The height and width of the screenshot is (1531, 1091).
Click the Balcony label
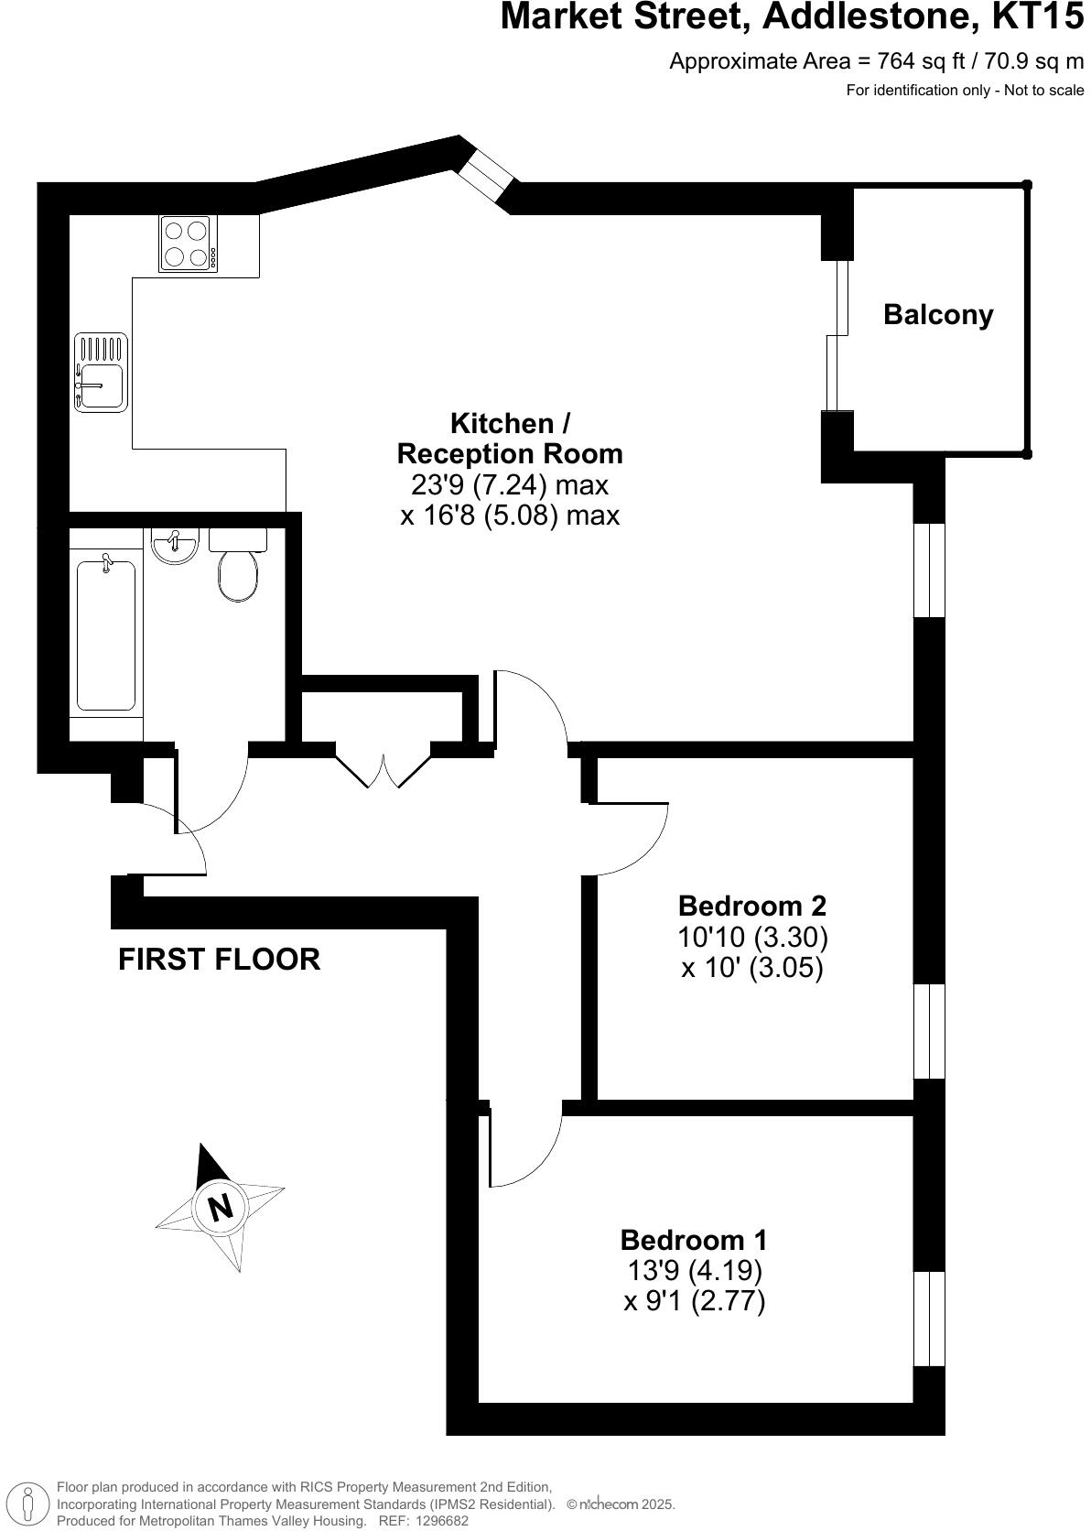937,315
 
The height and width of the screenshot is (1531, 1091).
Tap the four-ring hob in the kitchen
189,244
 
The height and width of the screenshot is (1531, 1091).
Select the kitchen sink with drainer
101,373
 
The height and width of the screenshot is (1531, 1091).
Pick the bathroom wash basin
174,546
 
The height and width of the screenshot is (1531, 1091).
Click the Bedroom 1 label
694,1240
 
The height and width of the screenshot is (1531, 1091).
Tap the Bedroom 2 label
751,906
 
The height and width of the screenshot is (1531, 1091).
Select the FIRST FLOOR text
220,959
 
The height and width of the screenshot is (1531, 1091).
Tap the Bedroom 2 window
929,1031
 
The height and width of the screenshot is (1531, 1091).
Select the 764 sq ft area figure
914,61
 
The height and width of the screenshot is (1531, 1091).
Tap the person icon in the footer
28,1504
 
